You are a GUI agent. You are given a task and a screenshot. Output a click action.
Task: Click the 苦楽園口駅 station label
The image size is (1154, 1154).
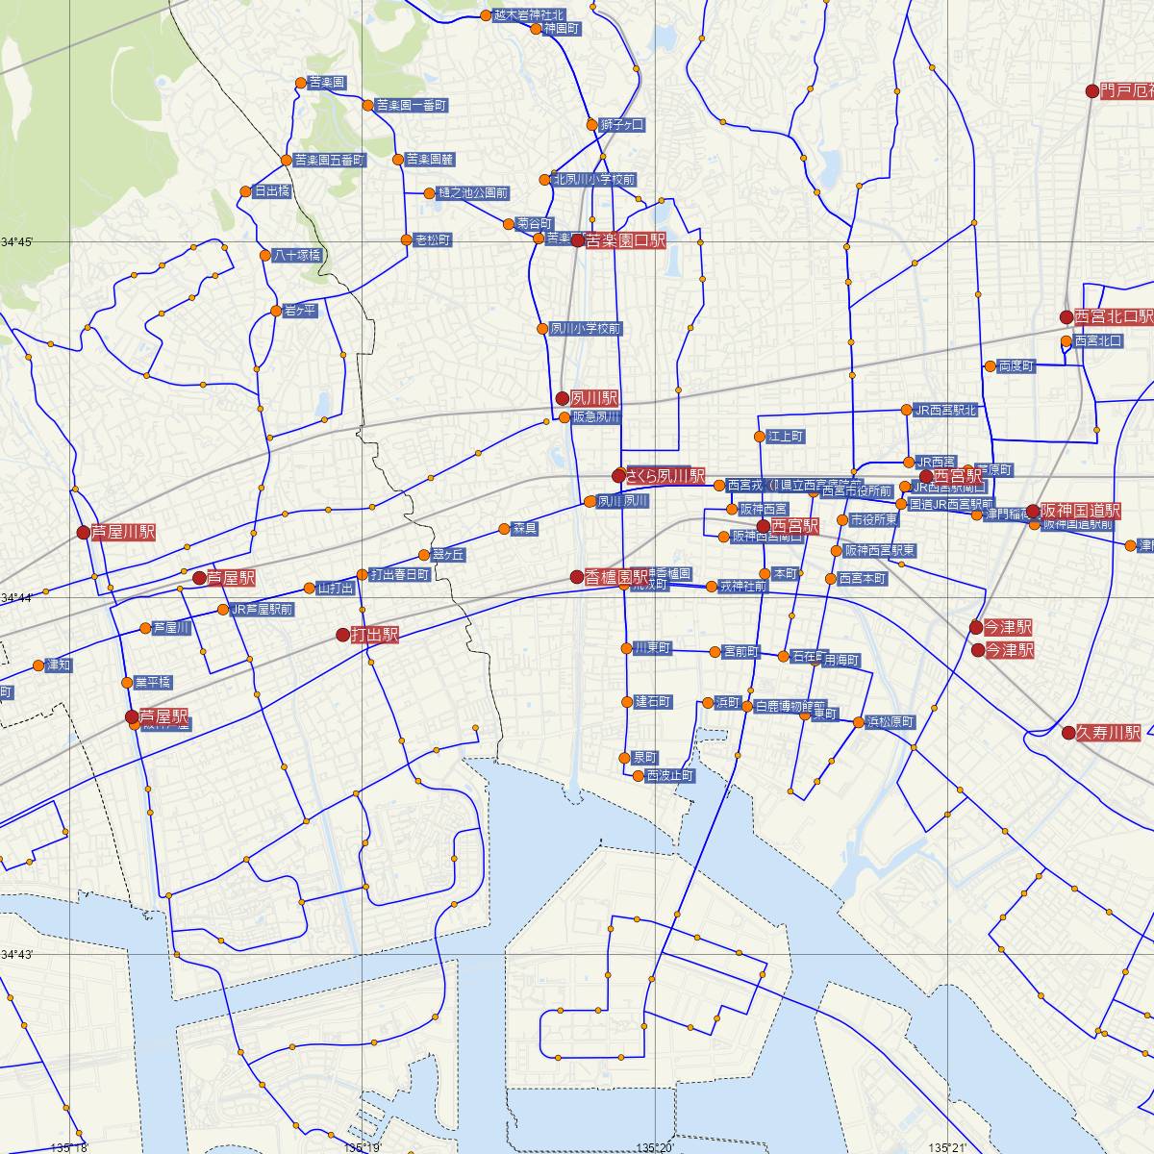625,240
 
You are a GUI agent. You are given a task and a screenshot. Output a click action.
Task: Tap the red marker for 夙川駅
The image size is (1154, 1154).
563,398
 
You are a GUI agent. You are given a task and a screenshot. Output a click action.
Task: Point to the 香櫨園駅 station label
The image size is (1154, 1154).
616,577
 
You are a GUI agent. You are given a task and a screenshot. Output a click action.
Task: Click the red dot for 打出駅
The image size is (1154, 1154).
342,635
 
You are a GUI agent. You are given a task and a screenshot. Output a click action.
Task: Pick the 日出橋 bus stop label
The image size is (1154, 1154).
271,191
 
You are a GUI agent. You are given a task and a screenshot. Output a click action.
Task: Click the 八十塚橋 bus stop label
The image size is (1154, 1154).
296,256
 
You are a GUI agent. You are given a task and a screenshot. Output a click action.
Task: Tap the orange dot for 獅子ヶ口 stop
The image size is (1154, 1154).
592,124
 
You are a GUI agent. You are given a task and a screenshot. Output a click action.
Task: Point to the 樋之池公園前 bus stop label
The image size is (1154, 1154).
472,192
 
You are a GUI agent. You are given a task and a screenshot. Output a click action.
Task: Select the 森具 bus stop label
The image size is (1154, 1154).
525,529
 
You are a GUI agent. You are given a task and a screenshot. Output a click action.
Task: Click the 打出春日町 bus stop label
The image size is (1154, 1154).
399,575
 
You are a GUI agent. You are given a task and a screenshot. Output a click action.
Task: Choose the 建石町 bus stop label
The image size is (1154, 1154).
653,702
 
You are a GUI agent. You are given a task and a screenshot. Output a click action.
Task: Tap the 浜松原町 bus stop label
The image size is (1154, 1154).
891,722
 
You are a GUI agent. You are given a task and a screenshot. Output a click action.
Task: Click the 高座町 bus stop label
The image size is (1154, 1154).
1016,366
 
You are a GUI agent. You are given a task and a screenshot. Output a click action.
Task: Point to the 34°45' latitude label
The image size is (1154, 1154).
16,241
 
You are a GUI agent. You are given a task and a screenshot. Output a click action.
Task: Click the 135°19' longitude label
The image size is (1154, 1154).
362,1146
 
